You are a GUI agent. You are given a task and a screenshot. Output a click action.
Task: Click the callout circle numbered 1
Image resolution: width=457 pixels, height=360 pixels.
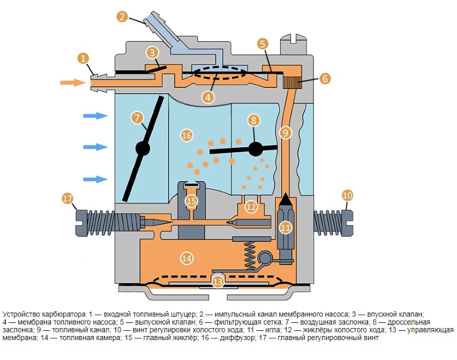click(83, 58)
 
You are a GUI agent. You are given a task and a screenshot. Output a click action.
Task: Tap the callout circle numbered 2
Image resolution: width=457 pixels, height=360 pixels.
click(122, 16)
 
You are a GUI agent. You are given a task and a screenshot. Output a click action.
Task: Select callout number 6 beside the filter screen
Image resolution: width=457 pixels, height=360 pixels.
click(324, 78)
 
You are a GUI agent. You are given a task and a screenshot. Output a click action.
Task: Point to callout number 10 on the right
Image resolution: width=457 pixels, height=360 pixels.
click(347, 195)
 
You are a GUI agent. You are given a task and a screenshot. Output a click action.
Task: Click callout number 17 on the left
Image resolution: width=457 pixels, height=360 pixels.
click(68, 199)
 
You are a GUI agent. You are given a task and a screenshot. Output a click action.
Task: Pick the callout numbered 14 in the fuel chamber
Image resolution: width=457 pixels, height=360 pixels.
click(186, 258)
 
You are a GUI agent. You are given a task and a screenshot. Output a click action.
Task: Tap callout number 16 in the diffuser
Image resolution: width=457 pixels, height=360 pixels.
click(186, 135)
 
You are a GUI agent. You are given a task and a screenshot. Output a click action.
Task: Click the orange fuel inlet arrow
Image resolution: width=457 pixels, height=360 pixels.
click(73, 83)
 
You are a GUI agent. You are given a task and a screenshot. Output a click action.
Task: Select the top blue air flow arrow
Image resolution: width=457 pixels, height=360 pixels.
click(95, 116)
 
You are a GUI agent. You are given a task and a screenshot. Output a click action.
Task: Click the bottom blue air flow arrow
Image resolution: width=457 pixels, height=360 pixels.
click(95, 179)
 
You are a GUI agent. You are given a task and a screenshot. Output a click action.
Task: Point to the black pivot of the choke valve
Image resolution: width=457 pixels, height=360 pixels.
click(142, 148)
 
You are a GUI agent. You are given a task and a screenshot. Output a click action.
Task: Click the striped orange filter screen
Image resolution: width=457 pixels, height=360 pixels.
click(291, 81)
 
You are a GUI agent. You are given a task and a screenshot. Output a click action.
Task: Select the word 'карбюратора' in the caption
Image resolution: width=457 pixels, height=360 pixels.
click(62, 314)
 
